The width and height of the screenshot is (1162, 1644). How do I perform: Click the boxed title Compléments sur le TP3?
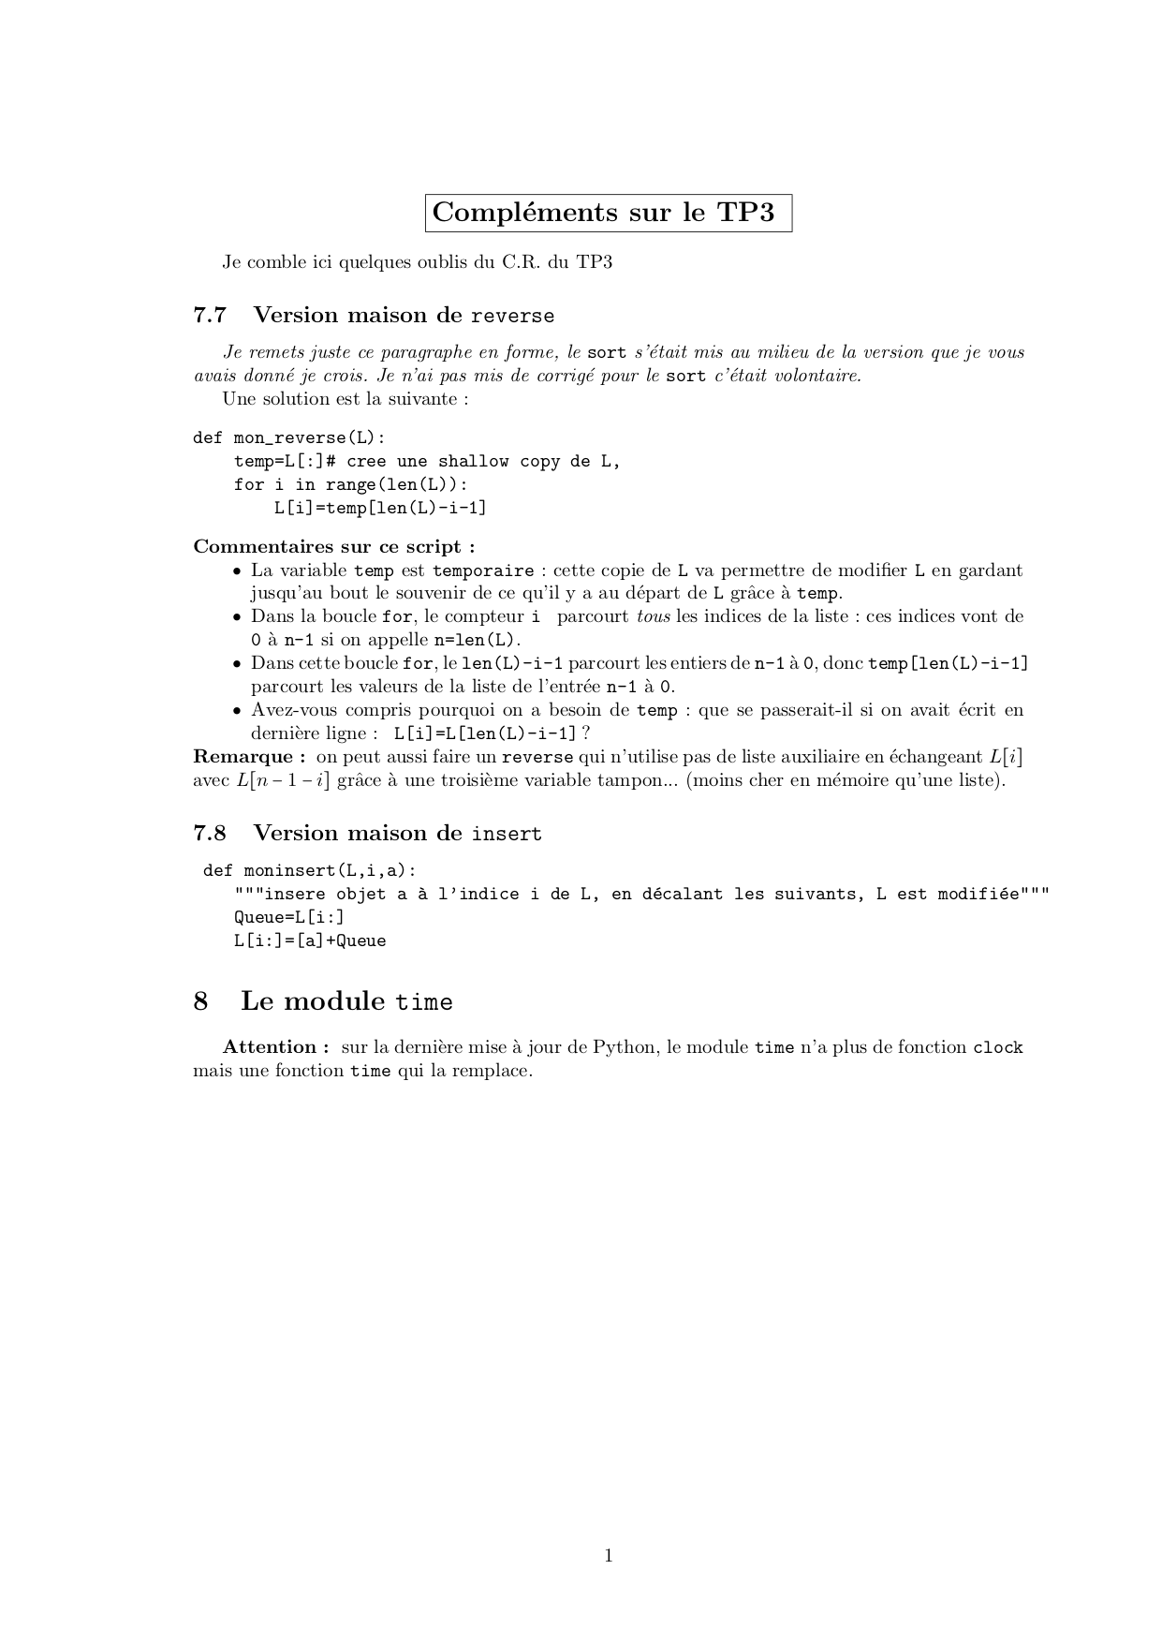(609, 213)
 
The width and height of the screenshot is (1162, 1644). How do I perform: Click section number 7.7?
(210, 316)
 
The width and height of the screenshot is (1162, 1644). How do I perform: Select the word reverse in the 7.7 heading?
(512, 317)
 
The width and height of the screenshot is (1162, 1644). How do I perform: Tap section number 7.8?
(210, 834)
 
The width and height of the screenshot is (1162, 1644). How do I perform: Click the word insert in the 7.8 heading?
(507, 835)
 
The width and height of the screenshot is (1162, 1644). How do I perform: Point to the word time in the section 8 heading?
(424, 1002)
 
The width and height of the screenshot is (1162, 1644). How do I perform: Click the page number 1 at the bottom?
(609, 1556)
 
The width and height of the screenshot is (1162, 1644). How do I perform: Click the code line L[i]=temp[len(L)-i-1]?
(380, 509)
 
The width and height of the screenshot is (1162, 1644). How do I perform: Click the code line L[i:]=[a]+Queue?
(310, 941)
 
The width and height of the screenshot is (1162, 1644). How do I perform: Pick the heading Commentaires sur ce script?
(333, 547)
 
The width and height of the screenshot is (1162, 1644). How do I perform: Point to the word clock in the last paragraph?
(998, 1048)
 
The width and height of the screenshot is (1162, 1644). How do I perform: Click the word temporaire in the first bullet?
(483, 571)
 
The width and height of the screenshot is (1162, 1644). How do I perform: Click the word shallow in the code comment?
(473, 462)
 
